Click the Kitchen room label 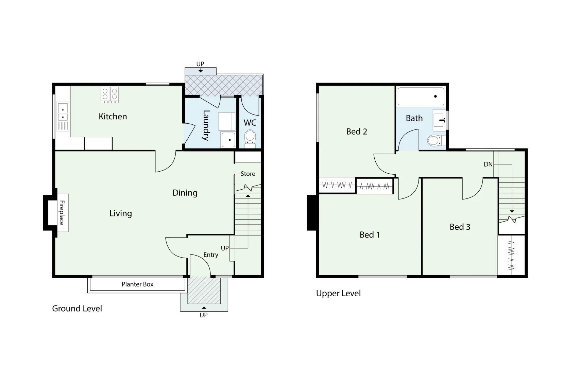coord(113,117)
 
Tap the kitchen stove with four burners coord(110,95)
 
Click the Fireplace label coord(62,213)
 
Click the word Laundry coord(206,125)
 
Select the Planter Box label coord(137,284)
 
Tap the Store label coord(248,174)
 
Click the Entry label coord(211,255)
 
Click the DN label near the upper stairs coord(488,164)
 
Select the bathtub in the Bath coord(421,97)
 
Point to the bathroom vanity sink coord(439,120)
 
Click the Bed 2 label coord(357,132)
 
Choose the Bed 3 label coord(460,227)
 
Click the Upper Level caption coord(338,293)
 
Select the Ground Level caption coord(77,309)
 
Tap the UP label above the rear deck coord(200,64)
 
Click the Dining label coord(185,193)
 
